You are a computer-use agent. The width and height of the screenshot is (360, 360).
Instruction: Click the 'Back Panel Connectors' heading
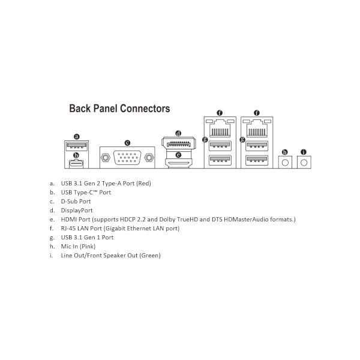click(119, 109)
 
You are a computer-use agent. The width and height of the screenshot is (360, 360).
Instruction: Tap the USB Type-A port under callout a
click(76, 146)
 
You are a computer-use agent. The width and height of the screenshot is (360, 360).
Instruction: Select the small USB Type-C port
click(76, 163)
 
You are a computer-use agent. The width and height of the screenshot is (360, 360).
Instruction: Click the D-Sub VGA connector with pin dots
click(127, 157)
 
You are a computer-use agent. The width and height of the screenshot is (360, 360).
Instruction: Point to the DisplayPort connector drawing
click(179, 144)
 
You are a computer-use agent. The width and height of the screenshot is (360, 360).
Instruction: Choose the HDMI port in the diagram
click(178, 164)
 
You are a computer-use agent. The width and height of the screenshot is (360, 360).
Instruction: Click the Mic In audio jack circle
click(285, 163)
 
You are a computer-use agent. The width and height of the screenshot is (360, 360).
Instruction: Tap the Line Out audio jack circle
click(304, 163)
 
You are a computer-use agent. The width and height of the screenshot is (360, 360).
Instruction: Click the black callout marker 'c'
click(127, 143)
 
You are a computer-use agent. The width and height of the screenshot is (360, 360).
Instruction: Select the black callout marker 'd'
click(178, 133)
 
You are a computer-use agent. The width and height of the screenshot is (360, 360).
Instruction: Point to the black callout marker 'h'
click(284, 152)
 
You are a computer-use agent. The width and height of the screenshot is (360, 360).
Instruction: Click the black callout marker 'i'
click(304, 152)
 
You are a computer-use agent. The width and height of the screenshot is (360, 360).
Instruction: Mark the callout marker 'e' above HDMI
click(178, 155)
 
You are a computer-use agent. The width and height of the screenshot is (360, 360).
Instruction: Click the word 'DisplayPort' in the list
click(77, 211)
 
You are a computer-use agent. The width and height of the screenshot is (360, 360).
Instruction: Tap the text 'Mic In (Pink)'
click(78, 247)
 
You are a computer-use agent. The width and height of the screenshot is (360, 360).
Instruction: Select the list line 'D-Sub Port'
click(76, 202)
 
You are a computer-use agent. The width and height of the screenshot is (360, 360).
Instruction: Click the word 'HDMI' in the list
click(68, 220)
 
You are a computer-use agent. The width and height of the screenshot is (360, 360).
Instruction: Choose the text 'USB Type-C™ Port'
click(86, 193)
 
